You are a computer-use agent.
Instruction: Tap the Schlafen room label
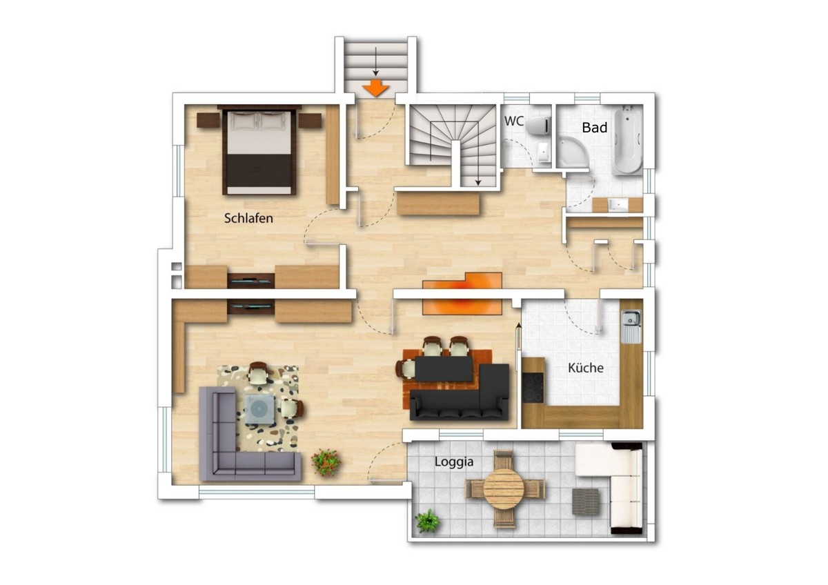[x=248, y=218]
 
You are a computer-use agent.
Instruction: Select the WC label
[x=514, y=121]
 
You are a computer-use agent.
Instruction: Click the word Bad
[x=594, y=128]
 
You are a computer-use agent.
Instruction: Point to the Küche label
[x=586, y=368]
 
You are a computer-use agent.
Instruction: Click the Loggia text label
[x=454, y=462]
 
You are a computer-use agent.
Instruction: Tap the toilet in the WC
[x=538, y=125]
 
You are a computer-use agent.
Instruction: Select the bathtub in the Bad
[x=628, y=140]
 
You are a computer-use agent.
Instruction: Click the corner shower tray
[x=572, y=150]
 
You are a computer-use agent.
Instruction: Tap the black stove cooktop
[x=533, y=388]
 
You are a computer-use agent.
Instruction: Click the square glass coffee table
[x=260, y=410]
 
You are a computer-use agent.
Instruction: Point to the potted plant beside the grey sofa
[x=326, y=462]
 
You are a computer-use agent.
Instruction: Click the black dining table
[x=444, y=368]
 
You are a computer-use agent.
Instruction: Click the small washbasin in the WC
[x=543, y=152]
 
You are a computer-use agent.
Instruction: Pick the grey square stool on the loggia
[x=586, y=502]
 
